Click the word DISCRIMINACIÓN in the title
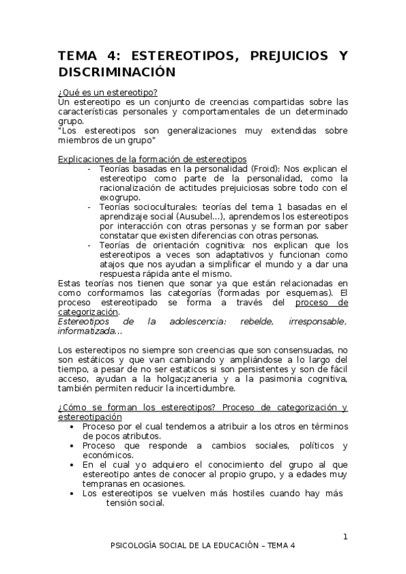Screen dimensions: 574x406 coord(116,72)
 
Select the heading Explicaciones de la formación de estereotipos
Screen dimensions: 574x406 coord(153,158)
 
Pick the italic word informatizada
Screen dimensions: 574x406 coord(87,331)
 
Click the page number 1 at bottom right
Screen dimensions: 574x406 coord(345,537)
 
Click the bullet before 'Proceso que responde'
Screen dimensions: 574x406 coord(73,445)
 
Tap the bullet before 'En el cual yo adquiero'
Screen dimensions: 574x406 coord(73,465)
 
